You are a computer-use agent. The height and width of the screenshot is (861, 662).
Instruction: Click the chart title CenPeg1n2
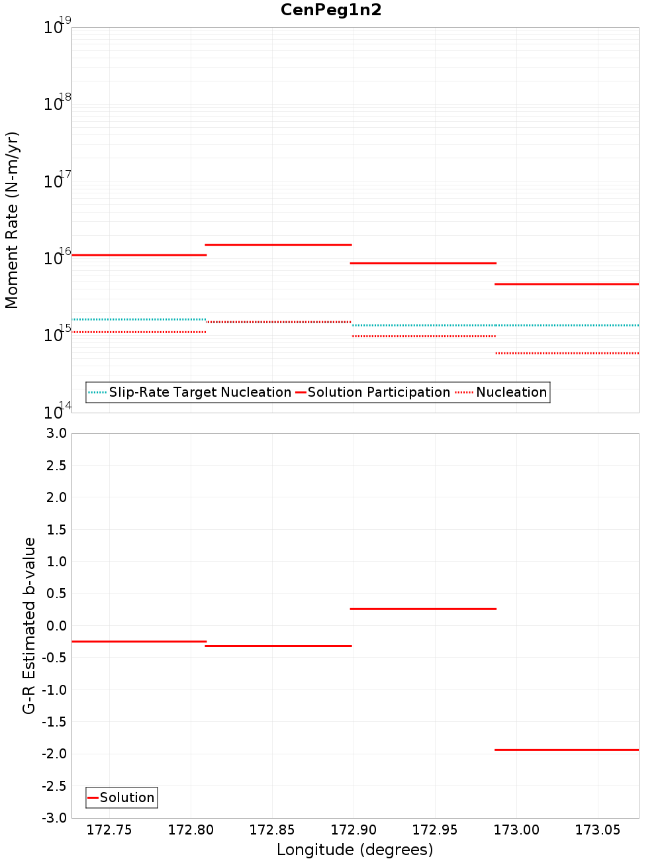(x=331, y=10)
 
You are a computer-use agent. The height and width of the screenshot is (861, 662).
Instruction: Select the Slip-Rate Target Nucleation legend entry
(x=199, y=392)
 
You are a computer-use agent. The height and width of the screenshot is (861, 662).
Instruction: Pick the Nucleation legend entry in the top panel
(x=511, y=392)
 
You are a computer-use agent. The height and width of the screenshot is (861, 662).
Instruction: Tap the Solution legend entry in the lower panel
(x=126, y=797)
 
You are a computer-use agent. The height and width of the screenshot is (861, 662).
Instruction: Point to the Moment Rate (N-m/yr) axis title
(x=12, y=220)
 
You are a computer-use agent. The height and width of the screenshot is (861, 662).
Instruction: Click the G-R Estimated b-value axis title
(x=29, y=625)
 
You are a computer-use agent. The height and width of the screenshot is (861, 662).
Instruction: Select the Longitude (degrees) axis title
(x=355, y=850)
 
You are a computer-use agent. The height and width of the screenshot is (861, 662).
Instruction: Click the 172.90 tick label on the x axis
(x=354, y=830)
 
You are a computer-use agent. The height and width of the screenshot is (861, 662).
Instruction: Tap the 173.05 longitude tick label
(x=598, y=830)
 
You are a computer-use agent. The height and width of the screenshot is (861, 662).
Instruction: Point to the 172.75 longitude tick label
(x=109, y=830)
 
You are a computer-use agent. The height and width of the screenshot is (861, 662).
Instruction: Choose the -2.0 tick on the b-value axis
(x=54, y=754)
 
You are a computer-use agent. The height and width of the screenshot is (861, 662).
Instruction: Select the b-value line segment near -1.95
(x=567, y=750)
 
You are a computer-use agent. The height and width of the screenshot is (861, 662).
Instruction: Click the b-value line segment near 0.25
(x=423, y=609)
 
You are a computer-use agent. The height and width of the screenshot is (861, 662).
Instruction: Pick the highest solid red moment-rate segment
(x=278, y=244)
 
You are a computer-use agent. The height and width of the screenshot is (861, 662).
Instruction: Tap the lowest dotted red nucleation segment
(x=567, y=353)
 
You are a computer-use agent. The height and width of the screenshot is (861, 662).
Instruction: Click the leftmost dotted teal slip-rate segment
(x=139, y=319)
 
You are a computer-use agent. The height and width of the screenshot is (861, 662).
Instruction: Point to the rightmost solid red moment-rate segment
(x=567, y=283)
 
